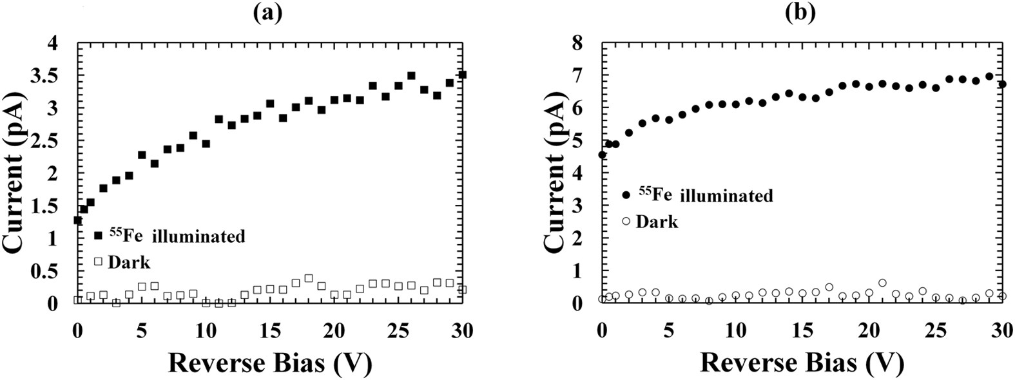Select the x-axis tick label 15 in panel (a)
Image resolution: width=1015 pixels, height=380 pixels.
(270, 331)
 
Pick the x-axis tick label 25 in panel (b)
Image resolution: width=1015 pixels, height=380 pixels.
(934, 331)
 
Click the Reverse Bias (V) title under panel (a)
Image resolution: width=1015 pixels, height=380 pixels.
(270, 363)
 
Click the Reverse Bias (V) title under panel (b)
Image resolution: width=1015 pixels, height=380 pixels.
(802, 363)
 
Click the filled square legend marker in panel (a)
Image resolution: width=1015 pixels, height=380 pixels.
(98, 236)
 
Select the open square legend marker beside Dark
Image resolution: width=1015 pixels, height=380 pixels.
(98, 261)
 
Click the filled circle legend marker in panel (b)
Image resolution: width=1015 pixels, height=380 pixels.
(626, 195)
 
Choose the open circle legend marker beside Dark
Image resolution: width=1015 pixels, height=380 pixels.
(626, 222)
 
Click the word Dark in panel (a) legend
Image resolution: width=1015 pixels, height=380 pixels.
(129, 262)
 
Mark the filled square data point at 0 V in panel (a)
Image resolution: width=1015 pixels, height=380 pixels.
(78, 220)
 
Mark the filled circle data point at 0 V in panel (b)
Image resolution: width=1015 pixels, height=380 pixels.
(603, 155)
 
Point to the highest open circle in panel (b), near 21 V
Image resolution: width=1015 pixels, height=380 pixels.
(882, 283)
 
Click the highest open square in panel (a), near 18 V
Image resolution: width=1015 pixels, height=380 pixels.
(308, 278)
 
